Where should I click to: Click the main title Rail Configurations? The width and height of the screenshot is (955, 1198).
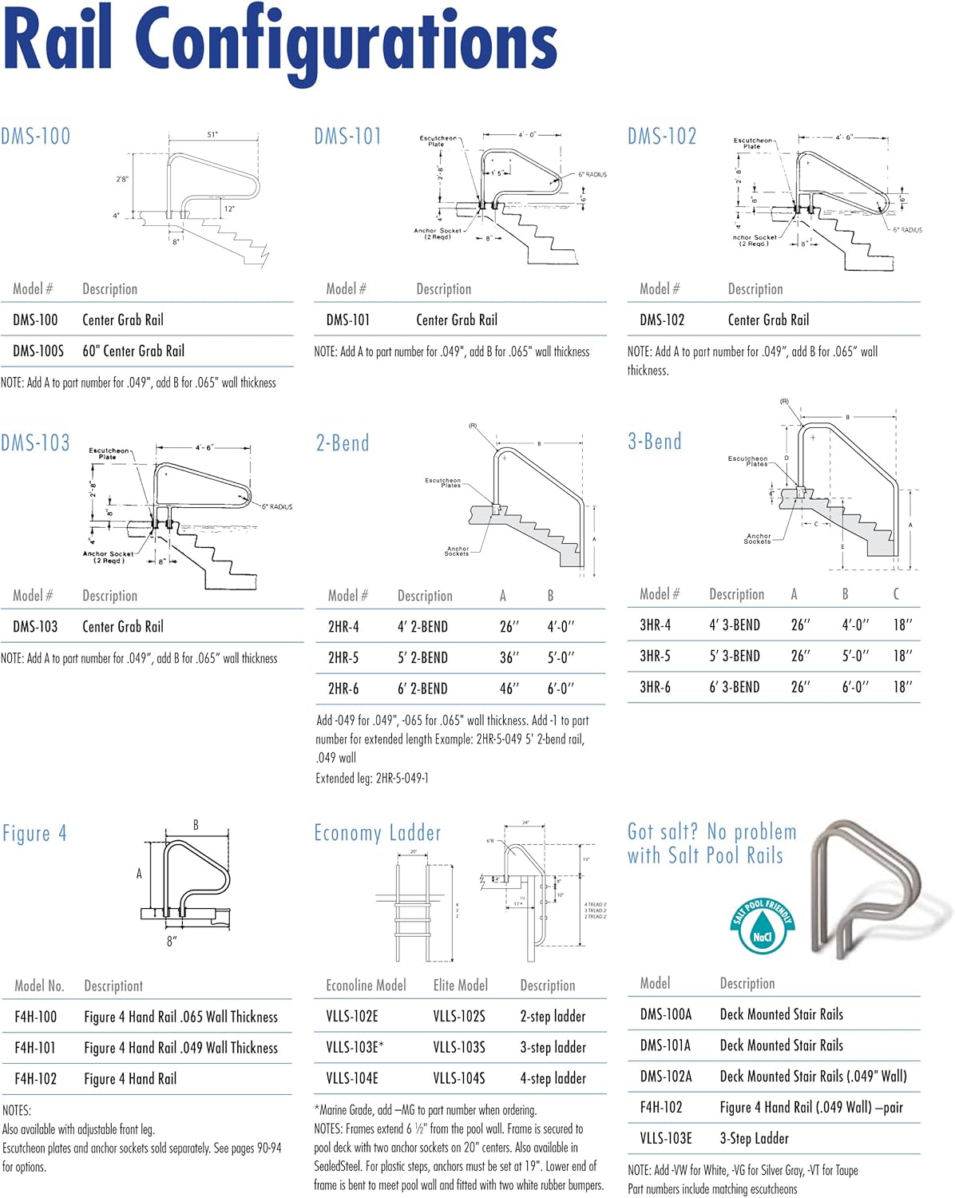click(x=279, y=40)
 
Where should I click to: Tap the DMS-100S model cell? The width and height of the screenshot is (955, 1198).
click(x=38, y=351)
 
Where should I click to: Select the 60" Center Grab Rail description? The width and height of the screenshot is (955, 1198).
click(x=133, y=351)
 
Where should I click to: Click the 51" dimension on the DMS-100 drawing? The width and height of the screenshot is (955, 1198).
click(x=212, y=135)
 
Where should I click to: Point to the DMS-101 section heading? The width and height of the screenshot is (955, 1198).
click(x=347, y=137)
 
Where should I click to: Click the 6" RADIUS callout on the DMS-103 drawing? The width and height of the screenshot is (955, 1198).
click(x=277, y=506)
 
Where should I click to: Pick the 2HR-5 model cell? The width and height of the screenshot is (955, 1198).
click(x=343, y=657)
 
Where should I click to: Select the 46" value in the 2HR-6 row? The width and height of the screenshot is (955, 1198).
click(x=509, y=688)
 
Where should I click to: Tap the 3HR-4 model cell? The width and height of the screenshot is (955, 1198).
click(x=655, y=625)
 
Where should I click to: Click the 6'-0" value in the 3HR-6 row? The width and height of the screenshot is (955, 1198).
click(x=855, y=687)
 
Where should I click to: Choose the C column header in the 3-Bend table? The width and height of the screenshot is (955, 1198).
click(x=896, y=593)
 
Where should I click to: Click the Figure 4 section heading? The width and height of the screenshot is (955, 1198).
click(x=34, y=834)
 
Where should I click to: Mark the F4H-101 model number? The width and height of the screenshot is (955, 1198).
click(x=36, y=1048)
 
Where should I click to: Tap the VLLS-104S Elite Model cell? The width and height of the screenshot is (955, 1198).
click(x=459, y=1078)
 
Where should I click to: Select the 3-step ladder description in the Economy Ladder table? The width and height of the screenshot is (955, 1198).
click(x=553, y=1047)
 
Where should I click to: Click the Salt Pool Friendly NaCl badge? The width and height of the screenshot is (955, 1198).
click(x=763, y=926)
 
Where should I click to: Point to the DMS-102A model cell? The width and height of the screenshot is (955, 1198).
click(x=666, y=1076)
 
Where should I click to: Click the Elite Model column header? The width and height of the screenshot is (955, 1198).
click(x=461, y=985)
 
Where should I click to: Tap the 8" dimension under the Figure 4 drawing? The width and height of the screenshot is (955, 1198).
click(x=172, y=941)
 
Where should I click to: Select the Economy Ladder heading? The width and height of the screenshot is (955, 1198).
click(x=377, y=833)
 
